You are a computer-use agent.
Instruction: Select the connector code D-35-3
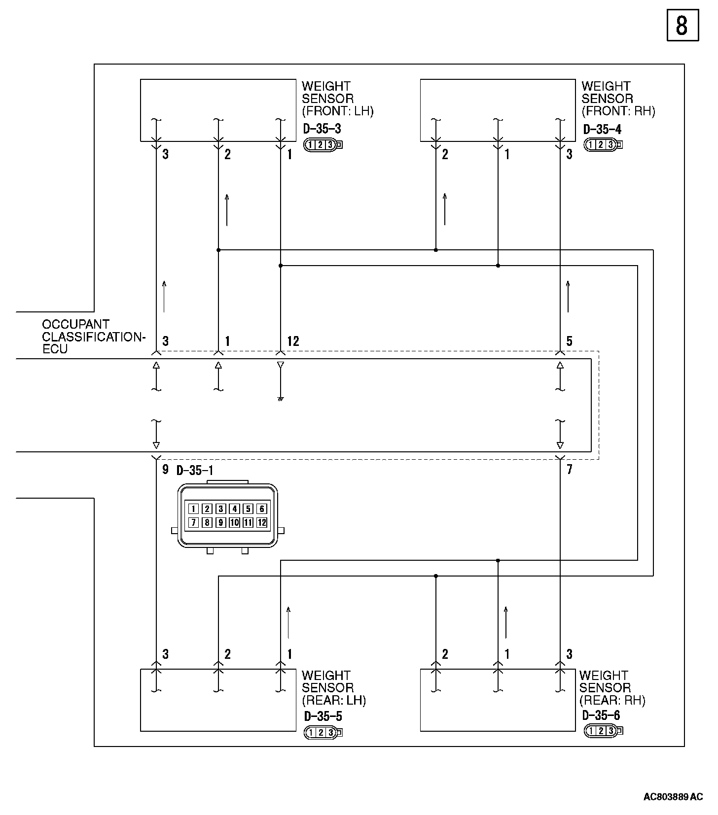pos(322,129)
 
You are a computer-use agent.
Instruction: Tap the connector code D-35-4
pos(602,129)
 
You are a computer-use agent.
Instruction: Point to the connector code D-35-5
pos(323,716)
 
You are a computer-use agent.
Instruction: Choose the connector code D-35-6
pos(601,715)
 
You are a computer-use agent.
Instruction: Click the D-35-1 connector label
pos(195,471)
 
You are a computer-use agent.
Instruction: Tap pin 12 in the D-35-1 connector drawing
pos(262,523)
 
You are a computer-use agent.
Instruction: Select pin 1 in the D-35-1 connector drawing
pos(194,509)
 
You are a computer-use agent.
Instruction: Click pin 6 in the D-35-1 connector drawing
pos(262,509)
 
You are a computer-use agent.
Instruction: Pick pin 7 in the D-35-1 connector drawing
pos(194,523)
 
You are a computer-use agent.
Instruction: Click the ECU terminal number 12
pos(293,341)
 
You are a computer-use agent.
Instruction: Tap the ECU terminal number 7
pos(569,470)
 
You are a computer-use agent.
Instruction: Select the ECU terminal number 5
pos(569,341)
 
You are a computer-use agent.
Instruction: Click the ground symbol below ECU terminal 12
pos(280,399)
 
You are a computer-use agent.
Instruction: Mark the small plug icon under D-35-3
pos(323,145)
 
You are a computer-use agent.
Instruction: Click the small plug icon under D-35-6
pos(603,731)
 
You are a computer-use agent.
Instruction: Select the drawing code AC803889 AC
pos(673,797)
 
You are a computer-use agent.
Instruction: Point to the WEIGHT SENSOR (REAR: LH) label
pos(333,687)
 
